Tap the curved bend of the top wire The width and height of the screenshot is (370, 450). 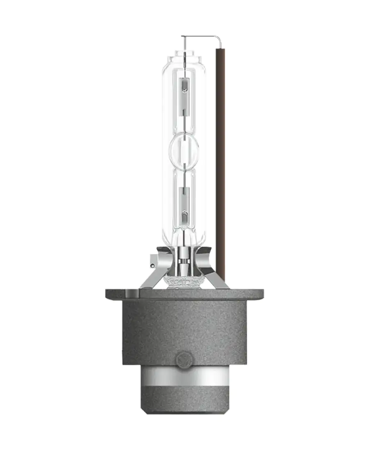point(219,39)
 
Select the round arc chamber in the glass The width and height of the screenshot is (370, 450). point(184,151)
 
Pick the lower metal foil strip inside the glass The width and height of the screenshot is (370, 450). point(184,206)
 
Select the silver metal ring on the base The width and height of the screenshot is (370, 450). point(184,376)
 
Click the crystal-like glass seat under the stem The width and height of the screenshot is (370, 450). point(184,282)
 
